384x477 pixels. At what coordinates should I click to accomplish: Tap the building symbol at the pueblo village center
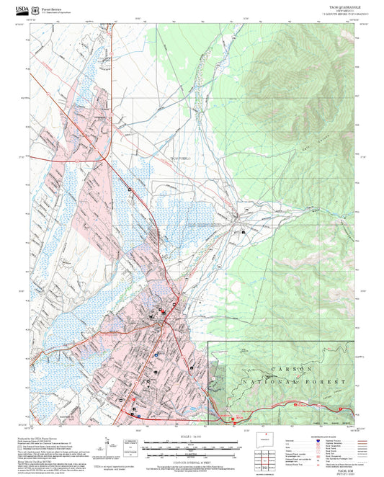point(244,232)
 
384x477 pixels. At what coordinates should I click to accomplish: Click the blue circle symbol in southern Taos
point(155,354)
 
